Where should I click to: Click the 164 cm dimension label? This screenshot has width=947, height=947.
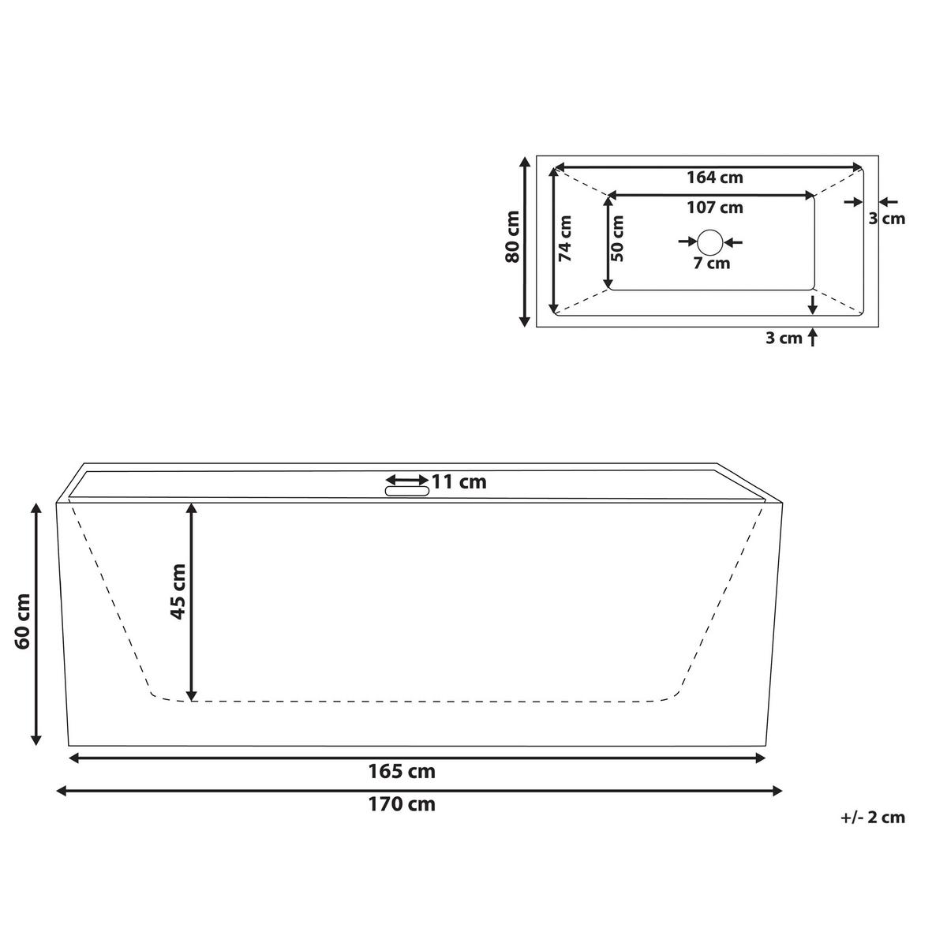[714, 178]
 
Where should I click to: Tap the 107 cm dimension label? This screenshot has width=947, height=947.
[714, 208]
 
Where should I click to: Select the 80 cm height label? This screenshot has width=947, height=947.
[512, 237]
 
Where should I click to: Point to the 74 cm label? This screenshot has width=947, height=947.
[566, 238]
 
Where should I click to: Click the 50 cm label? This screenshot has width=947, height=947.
[617, 238]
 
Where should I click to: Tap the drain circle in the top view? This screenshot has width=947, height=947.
[710, 241]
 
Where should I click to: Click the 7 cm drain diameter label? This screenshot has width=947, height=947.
[712, 264]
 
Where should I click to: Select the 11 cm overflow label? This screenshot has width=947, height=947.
[459, 482]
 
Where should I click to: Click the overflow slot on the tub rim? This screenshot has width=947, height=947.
[407, 491]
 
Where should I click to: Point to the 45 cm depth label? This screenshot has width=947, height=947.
[178, 591]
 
